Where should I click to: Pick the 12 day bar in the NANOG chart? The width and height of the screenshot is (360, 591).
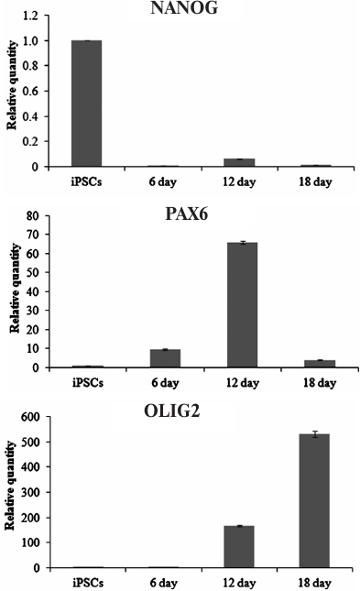point(239,163)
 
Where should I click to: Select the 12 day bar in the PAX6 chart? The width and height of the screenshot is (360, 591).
point(239,305)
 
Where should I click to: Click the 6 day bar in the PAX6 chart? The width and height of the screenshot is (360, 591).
point(163,358)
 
